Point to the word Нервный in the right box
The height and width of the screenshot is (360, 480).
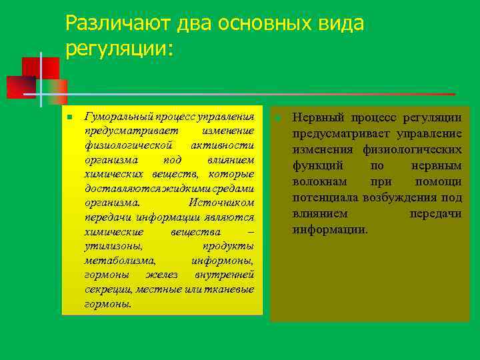point(314,117)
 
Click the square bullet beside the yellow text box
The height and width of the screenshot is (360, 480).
point(69,117)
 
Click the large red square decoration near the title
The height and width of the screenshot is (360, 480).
point(40,69)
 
